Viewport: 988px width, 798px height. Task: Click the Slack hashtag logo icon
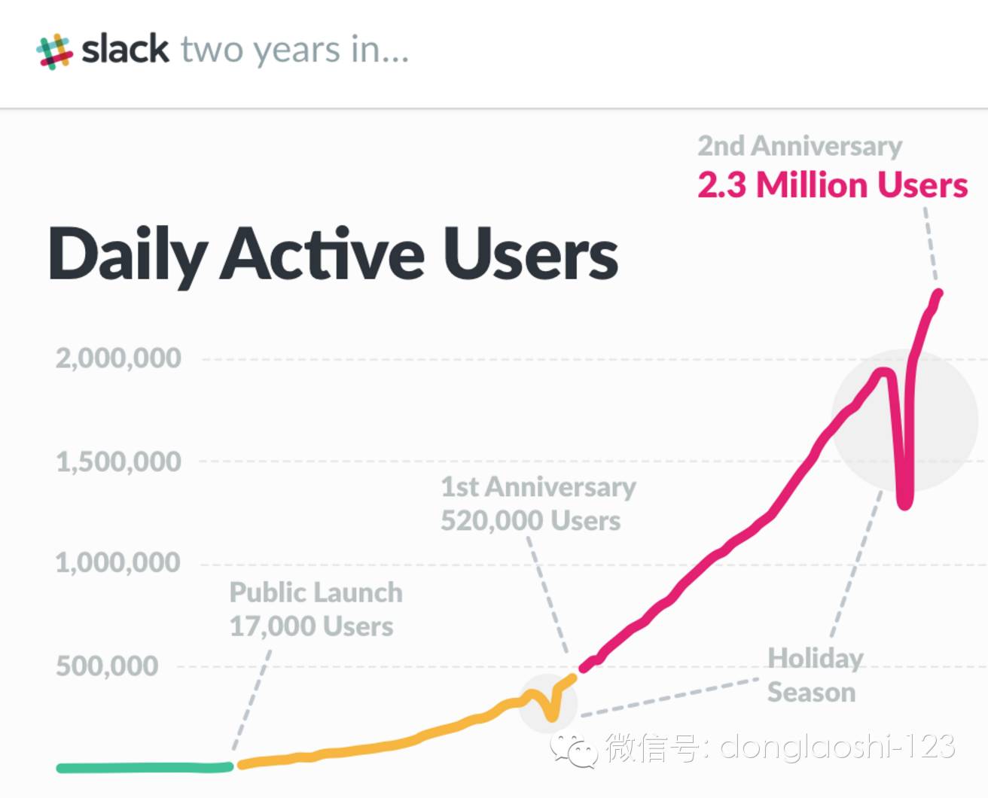click(54, 51)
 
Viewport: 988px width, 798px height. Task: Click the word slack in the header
click(125, 50)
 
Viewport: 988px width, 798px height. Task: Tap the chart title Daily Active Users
click(333, 254)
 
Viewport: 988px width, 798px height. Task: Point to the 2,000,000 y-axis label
click(118, 358)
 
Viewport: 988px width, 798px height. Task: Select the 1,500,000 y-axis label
click(118, 461)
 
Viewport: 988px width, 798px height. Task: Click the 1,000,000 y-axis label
click(118, 562)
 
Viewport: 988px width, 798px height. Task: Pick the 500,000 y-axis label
click(107, 666)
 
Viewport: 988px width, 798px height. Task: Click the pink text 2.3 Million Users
click(832, 185)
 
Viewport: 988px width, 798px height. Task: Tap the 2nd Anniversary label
click(799, 146)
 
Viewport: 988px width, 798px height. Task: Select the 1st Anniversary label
click(538, 487)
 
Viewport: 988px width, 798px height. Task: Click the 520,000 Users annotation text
click(530, 520)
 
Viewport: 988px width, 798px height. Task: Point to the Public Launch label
click(316, 592)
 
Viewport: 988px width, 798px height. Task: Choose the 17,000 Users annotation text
click(311, 626)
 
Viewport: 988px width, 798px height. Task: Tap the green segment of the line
click(143, 768)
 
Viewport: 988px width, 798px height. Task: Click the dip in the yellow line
click(552, 714)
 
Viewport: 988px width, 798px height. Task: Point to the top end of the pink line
click(938, 294)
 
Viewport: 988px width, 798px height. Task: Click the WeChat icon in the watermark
click(574, 749)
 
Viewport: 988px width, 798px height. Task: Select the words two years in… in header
click(294, 50)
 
